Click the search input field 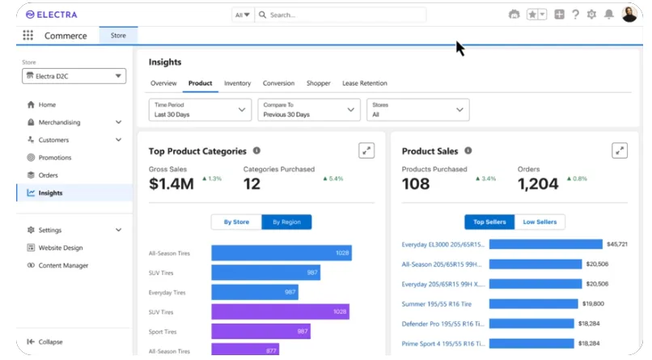[x=340, y=15]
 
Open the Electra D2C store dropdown [x=74, y=76]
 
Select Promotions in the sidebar [x=55, y=158]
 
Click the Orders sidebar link [x=48, y=176]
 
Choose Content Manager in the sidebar [x=63, y=265]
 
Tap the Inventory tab [x=237, y=83]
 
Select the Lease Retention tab [x=364, y=83]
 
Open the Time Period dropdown [x=201, y=110]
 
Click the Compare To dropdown [x=308, y=110]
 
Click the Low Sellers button [x=540, y=222]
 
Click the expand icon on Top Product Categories [x=366, y=150]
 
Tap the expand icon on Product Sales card [x=620, y=150]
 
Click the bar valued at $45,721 [x=546, y=244]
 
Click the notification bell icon [x=608, y=15]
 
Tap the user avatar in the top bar [x=629, y=15]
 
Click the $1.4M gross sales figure [x=171, y=184]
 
